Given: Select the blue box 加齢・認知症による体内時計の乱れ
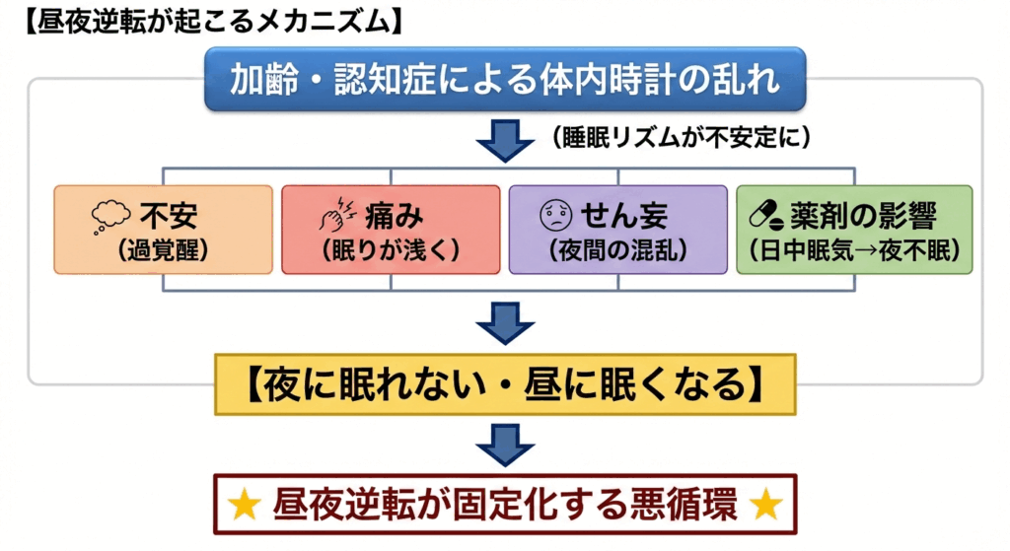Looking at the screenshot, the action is [x=505, y=79].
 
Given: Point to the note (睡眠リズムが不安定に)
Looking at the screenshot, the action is [x=682, y=137].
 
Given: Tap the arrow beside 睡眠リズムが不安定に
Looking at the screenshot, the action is [x=505, y=140].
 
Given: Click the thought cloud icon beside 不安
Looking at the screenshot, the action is [x=110, y=216].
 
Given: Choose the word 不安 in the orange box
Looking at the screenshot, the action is [x=169, y=216].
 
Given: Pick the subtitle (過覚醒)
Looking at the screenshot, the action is [x=163, y=250].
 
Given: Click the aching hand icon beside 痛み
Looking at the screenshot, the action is [x=337, y=214].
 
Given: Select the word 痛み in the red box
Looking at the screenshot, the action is [x=395, y=216].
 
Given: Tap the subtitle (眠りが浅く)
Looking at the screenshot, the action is [x=391, y=250].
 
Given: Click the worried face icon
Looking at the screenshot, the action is [x=556, y=215].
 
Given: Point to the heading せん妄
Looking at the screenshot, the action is [x=624, y=216].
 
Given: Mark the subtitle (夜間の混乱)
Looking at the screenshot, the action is [x=618, y=250].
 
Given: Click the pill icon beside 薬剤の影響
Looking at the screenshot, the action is [x=766, y=215].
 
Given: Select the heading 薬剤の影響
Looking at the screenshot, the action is [x=863, y=216].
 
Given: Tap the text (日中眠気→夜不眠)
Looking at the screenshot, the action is [x=855, y=250].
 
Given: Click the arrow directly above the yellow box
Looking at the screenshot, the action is [x=505, y=323].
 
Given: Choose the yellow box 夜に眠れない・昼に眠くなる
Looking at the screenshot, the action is [x=505, y=384].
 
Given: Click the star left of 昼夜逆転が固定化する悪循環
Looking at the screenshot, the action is [x=246, y=505].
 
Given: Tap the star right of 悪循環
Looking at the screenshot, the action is [x=766, y=505].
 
